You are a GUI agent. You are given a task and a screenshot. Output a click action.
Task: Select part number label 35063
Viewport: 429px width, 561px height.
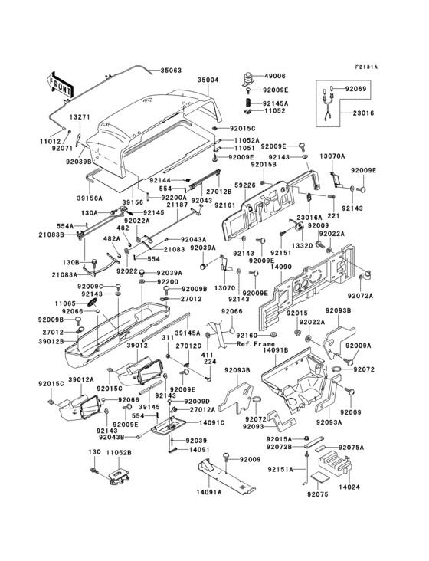pos(171,71)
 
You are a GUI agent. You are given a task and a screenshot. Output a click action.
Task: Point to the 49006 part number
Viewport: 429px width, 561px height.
pos(273,77)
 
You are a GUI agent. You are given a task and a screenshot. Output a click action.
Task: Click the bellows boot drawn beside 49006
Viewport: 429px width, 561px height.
pos(249,79)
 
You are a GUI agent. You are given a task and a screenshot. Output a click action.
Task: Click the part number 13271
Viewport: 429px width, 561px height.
pos(80,117)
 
